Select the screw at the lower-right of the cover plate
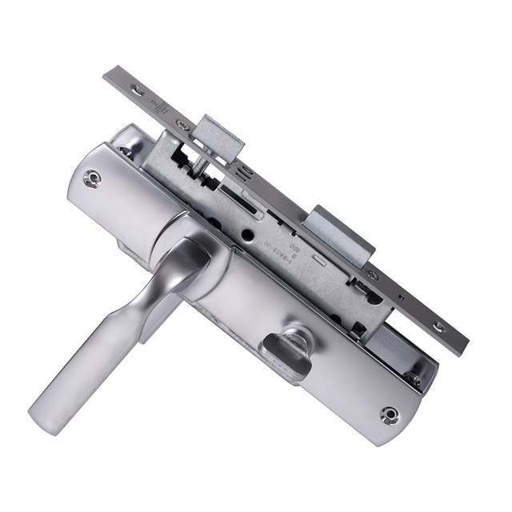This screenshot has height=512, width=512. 390,413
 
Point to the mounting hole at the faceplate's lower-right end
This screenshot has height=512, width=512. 439,326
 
